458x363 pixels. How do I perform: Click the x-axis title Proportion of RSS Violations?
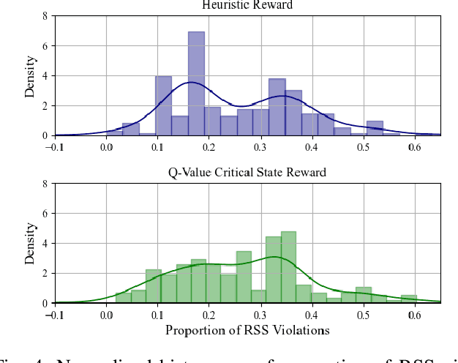(247, 330)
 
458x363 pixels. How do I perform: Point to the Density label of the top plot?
(29, 76)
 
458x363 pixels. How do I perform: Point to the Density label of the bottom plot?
(29, 244)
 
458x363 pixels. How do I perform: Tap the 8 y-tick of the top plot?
(46, 15)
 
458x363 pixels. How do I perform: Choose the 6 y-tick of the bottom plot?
(46, 213)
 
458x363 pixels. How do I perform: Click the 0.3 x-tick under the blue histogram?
(260, 147)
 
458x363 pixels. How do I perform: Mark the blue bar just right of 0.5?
(375, 128)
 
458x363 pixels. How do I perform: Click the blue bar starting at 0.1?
(163, 105)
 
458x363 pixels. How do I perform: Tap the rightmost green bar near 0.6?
(409, 299)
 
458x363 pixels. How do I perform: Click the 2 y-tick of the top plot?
(46, 105)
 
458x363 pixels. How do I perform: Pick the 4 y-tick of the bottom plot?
(46, 243)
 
